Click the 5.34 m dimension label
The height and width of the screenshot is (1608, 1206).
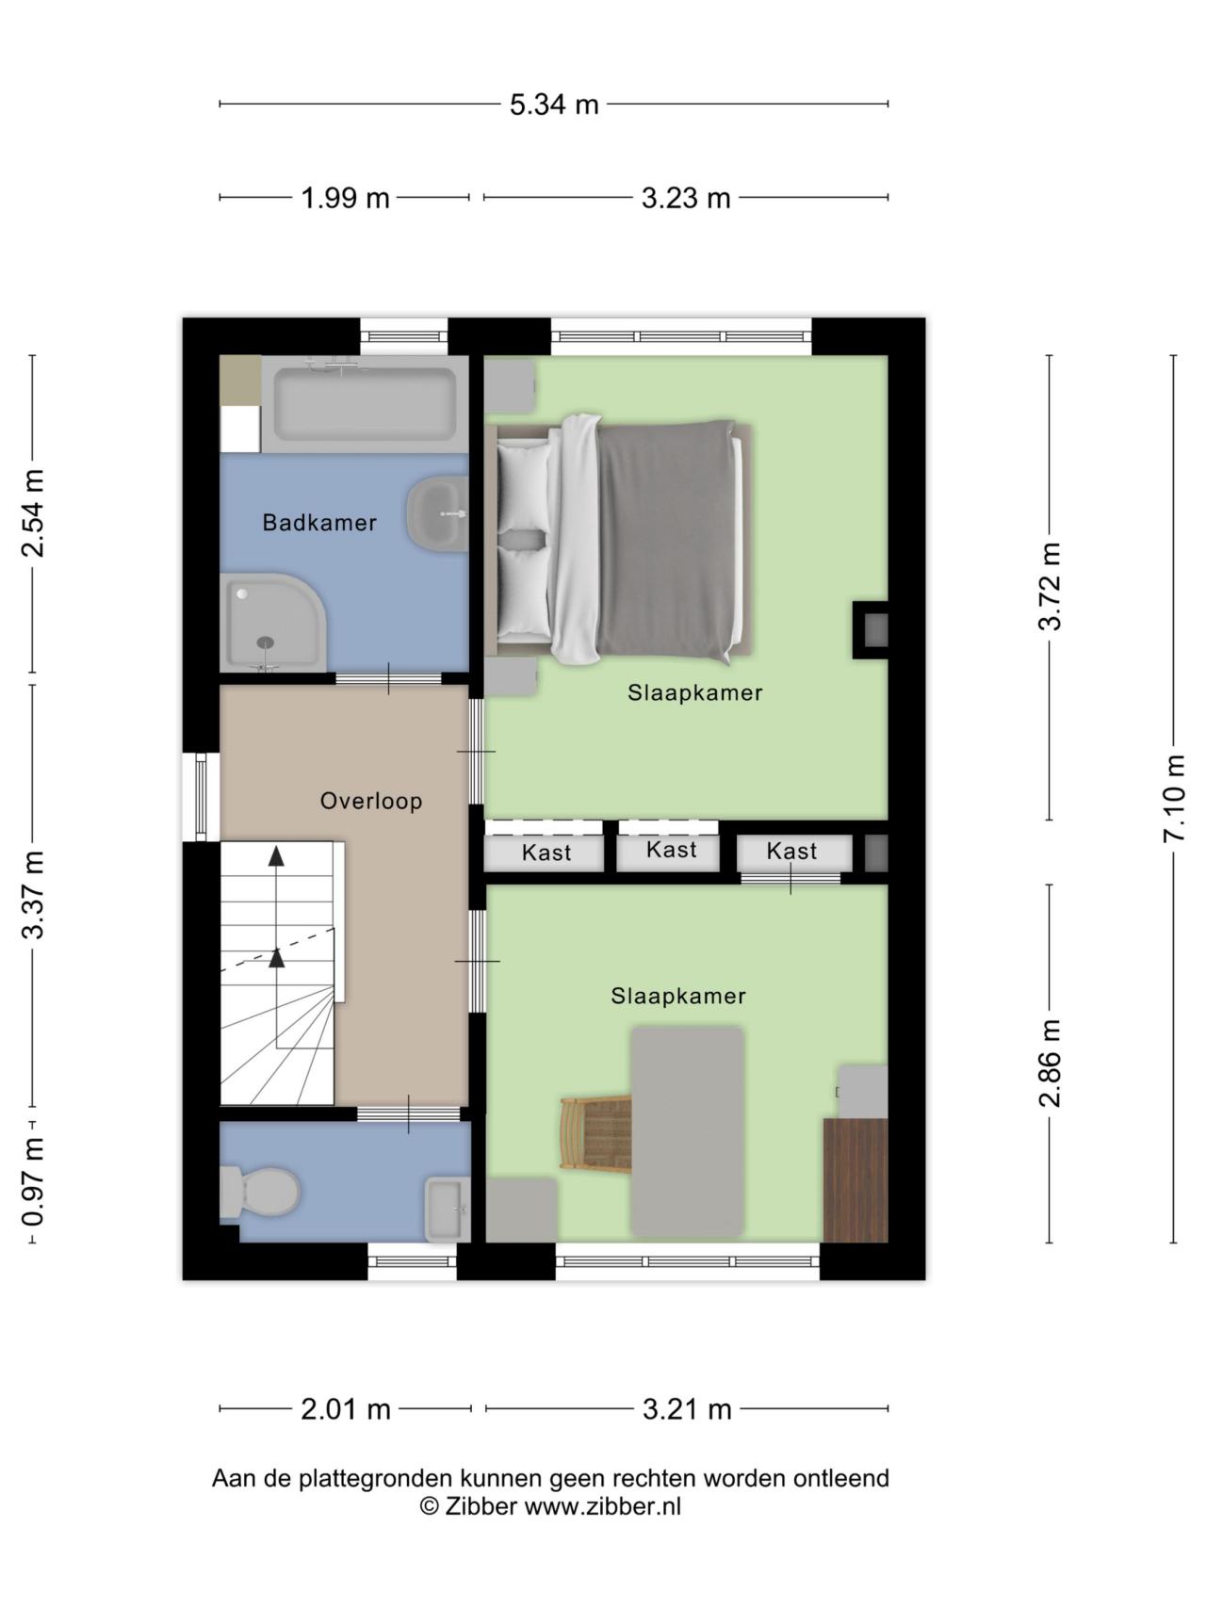coord(554,104)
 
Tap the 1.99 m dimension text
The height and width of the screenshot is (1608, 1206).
coord(345,198)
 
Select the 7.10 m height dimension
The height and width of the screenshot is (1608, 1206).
coord(1174,799)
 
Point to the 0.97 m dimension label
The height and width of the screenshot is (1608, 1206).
coord(34,1181)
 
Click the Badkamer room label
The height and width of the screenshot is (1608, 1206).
coord(319,522)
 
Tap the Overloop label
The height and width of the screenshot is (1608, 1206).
coord(371,801)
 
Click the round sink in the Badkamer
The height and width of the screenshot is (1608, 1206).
coord(437,513)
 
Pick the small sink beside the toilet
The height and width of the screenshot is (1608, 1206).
coord(447,1210)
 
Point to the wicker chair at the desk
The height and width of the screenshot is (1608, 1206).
coord(595,1134)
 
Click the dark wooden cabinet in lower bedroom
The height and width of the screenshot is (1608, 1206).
coord(856,1180)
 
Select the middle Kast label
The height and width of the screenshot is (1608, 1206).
coord(672,850)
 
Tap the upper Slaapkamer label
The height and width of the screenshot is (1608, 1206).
coord(695,692)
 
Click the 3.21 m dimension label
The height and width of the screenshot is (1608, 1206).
coord(687,1409)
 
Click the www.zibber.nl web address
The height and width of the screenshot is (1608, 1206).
coord(602,1506)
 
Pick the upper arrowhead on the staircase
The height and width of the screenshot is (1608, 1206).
coord(276,855)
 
